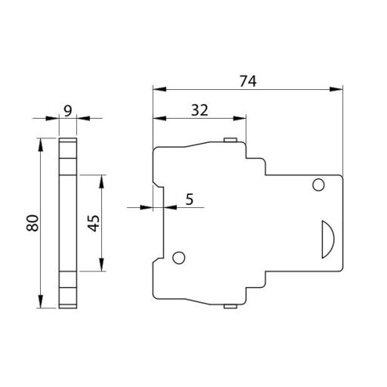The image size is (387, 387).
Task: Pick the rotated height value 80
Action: click(x=31, y=223)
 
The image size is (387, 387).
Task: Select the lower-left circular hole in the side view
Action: click(x=179, y=258)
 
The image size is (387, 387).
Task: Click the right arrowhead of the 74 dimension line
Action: click(x=338, y=89)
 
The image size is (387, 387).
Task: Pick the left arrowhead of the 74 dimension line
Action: click(x=157, y=89)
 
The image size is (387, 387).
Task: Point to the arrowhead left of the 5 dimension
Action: click(x=148, y=206)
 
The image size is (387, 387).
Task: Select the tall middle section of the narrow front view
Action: click(x=68, y=223)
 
